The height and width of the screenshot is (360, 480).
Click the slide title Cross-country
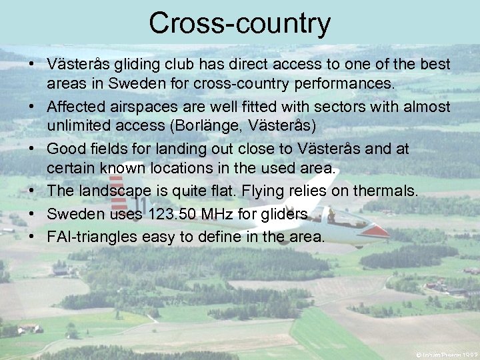point(239,23)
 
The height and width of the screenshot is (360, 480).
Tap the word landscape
point(119,191)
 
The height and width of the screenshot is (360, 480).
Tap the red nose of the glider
point(380,231)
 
